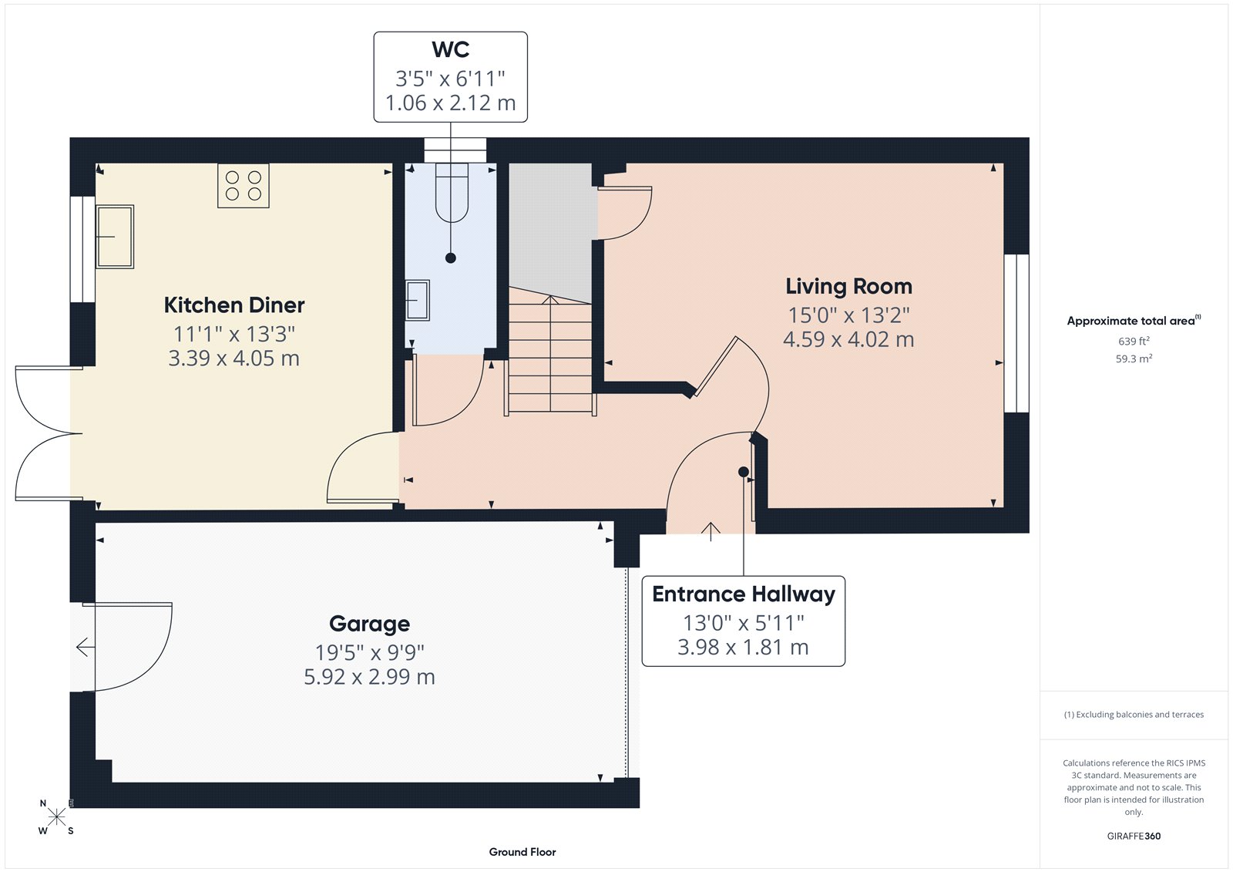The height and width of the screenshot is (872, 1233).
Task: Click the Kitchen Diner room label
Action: pyautogui.click(x=234, y=305)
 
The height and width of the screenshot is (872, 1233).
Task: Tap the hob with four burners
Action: pyautogui.click(x=244, y=186)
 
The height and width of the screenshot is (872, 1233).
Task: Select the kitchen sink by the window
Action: pyautogui.click(x=115, y=236)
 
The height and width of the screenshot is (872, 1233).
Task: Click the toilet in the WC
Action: pyautogui.click(x=452, y=193)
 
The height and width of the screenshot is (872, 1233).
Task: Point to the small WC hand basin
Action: pyautogui.click(x=417, y=301)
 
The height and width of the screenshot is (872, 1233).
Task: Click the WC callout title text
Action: pyautogui.click(x=451, y=50)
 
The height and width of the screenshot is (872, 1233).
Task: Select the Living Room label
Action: pyautogui.click(x=848, y=287)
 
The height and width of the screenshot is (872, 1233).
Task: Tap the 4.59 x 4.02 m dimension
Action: pyautogui.click(x=848, y=340)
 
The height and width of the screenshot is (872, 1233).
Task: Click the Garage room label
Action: pyautogui.click(x=369, y=624)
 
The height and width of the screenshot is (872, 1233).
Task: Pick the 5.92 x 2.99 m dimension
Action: pyautogui.click(x=369, y=677)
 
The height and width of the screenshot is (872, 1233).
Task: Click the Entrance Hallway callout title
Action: pyautogui.click(x=744, y=594)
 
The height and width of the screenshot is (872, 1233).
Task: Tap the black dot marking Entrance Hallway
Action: pyautogui.click(x=744, y=472)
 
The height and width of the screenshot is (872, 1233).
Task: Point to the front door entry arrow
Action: pyautogui.click(x=711, y=530)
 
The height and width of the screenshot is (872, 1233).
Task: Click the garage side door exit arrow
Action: pyautogui.click(x=84, y=648)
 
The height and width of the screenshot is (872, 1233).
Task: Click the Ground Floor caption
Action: pyautogui.click(x=522, y=852)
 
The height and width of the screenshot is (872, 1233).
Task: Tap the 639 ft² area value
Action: pyautogui.click(x=1134, y=341)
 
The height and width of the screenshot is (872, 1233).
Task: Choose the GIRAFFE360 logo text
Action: pyautogui.click(x=1134, y=836)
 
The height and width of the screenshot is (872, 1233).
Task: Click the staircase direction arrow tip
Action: pyautogui.click(x=550, y=298)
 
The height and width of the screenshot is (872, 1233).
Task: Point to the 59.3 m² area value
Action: pyautogui.click(x=1134, y=359)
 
